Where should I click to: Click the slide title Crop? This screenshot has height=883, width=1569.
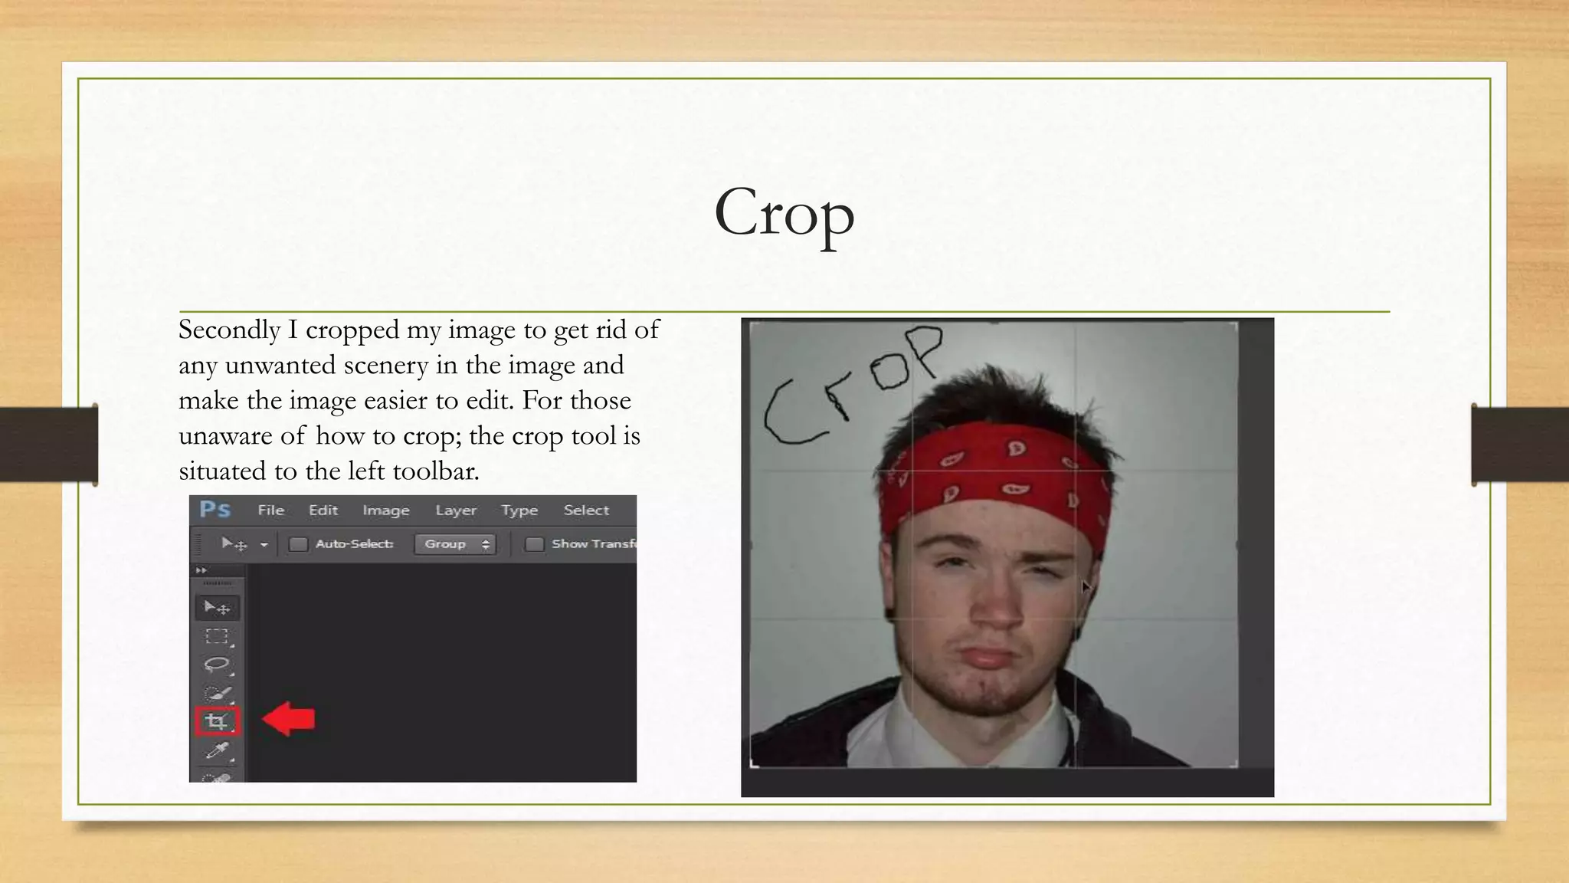coord(784,212)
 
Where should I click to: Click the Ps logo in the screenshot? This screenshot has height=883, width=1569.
coord(215,510)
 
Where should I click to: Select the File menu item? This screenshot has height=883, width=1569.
coord(270,510)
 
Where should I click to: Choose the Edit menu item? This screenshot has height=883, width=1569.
coord(323,510)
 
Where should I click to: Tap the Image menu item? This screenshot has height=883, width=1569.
coord(385,510)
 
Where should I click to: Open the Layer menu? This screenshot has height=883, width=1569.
coord(456,510)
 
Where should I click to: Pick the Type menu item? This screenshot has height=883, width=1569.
coord(519,510)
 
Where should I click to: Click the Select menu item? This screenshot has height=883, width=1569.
coord(586,510)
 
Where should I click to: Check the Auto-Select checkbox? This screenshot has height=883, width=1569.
coord(298,544)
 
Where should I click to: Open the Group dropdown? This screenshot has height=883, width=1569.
coord(455,544)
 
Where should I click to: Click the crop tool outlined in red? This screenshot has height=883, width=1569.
coord(218,721)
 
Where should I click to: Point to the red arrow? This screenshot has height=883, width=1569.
coord(289,719)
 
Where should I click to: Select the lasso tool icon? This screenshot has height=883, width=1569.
coord(217,665)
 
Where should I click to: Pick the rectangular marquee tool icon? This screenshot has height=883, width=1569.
coord(217,636)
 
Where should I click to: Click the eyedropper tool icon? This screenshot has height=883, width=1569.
coord(218,750)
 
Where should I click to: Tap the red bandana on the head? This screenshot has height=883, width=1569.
coord(996,475)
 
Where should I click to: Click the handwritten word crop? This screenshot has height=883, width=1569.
coord(850,387)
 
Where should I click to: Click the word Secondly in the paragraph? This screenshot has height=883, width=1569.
coord(229,330)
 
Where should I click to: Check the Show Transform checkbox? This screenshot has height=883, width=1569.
coord(535,544)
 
